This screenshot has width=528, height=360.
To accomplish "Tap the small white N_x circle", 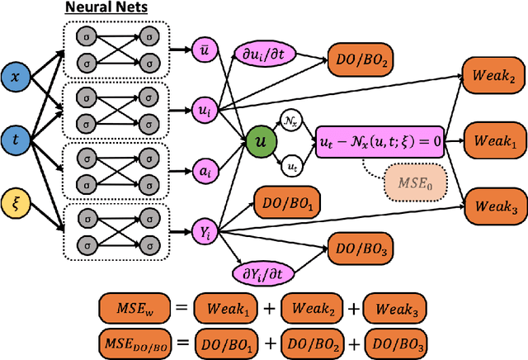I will (x=290, y=121).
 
